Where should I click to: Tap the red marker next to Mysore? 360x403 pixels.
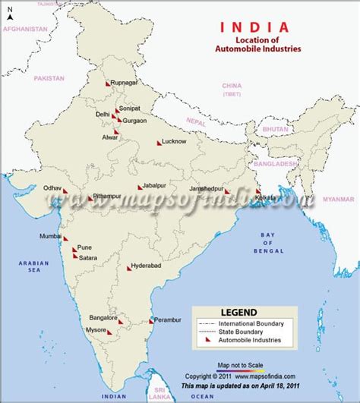coord(108,331)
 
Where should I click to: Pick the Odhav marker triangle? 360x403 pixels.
coord(65,190)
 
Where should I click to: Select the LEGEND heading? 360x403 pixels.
coord(238,312)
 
